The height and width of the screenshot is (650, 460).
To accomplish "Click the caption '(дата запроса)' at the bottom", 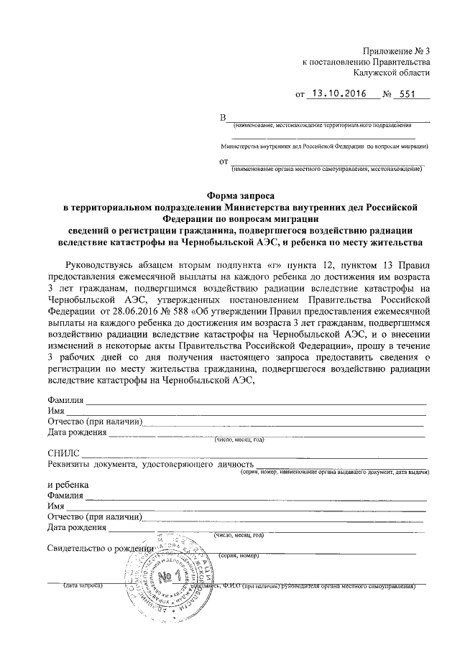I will (x=84, y=586).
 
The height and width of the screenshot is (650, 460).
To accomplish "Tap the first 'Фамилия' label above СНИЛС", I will (x=66, y=400).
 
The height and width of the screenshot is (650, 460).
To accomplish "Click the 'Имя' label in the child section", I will (x=56, y=506).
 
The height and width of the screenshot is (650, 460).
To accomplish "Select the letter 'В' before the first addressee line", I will (x=223, y=118).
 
